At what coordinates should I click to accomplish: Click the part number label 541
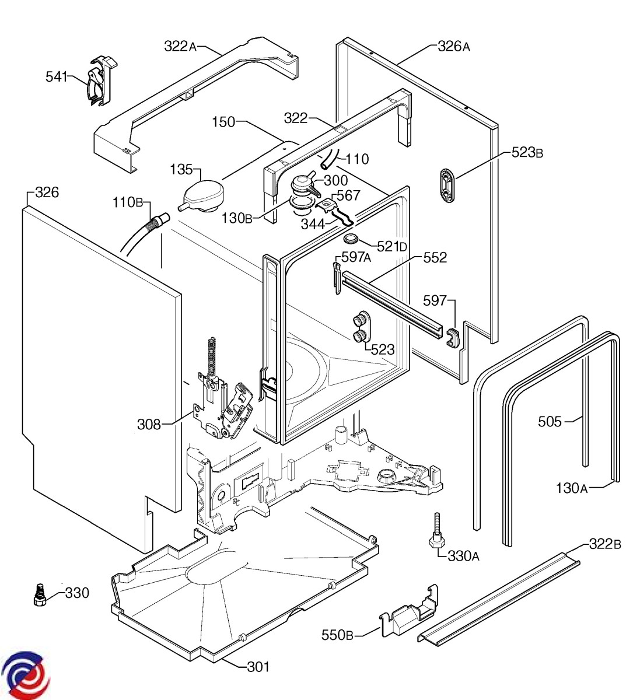(57, 76)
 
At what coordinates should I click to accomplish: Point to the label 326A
(453, 46)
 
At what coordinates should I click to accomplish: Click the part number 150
(223, 122)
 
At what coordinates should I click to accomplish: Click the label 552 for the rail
(435, 257)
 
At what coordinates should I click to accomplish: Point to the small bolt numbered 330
(39, 595)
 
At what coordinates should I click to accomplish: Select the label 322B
(605, 544)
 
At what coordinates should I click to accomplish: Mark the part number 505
(550, 421)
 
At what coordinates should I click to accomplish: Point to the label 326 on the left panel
(47, 192)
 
